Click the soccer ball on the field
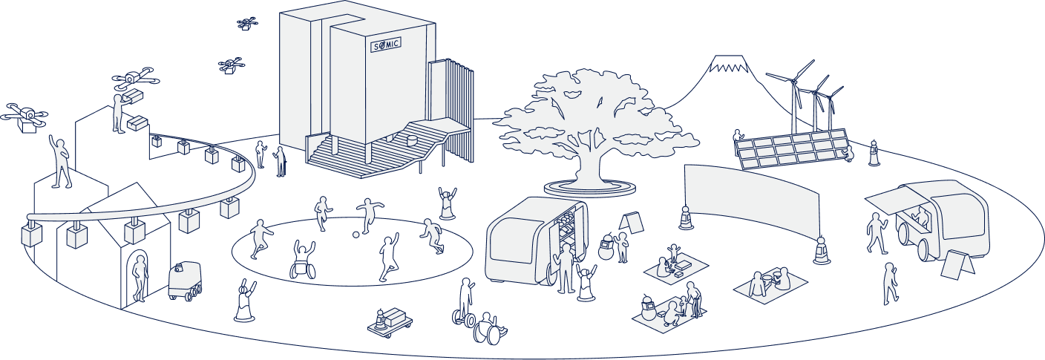[x=356, y=235]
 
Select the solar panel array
[x=791, y=149]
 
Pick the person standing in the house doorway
[x=139, y=278]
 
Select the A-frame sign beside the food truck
[x=956, y=263]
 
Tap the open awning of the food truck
[x=894, y=197]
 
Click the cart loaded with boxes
[x=390, y=321]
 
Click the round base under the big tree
[x=589, y=188]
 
